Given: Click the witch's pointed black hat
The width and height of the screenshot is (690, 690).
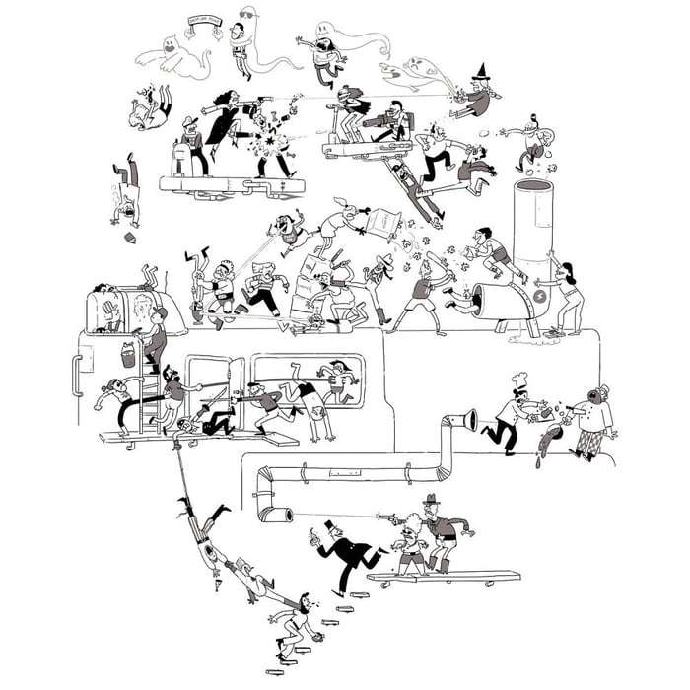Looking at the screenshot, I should tap(484, 71).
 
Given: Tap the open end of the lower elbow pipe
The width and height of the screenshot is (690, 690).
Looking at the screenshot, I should tap(285, 515).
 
